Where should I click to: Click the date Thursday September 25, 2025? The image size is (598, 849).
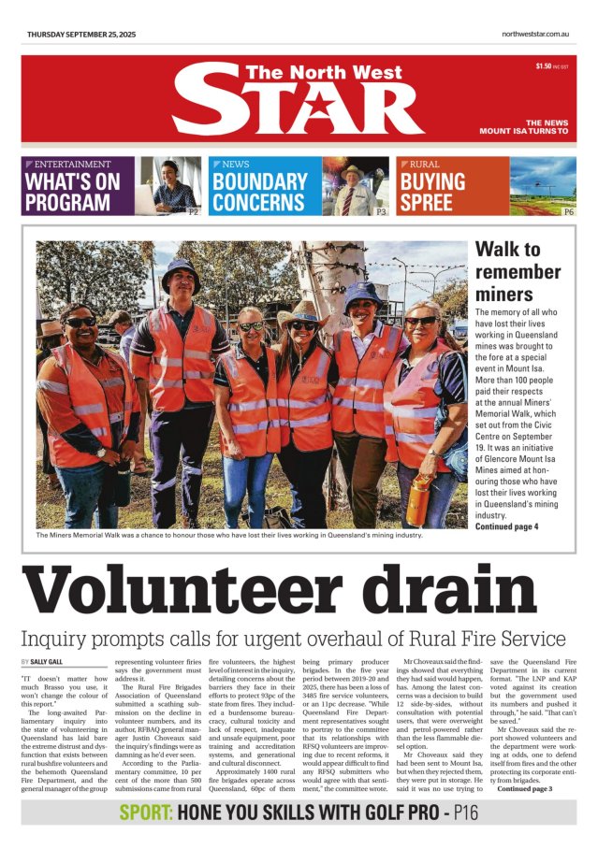coord(81,34)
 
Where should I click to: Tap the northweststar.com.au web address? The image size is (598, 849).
coord(536,34)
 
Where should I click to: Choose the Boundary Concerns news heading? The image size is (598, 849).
coord(259,191)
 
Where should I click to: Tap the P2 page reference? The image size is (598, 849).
coord(193,211)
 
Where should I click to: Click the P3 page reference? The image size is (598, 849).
coord(381,211)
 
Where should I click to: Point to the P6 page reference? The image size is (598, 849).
coord(568,211)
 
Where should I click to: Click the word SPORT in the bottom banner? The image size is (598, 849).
coord(145,813)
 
